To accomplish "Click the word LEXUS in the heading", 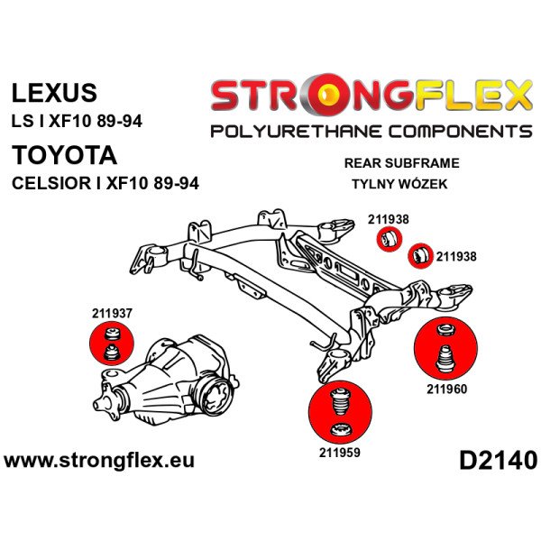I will point(53,93).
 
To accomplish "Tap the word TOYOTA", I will point(64,154).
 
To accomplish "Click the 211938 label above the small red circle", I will point(389,218).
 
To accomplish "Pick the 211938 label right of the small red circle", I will point(457,255).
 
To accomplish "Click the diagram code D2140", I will point(497,459).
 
